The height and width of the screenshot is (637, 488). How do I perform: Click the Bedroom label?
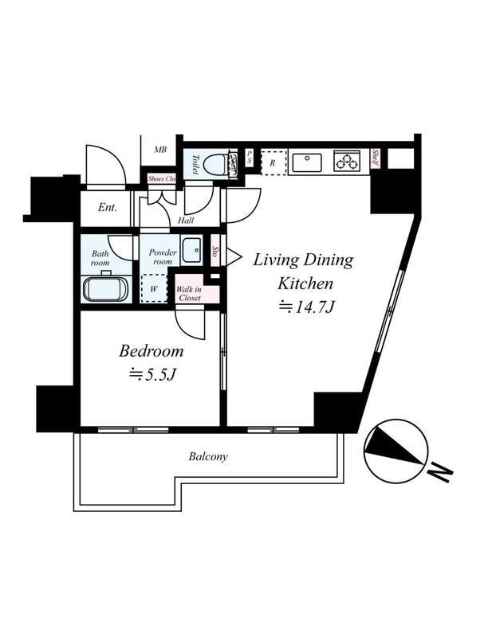click(x=152, y=350)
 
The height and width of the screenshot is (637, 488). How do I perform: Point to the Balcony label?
click(x=209, y=457)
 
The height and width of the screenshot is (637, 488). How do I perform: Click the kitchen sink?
click(x=306, y=162)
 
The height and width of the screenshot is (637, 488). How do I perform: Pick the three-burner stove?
click(x=347, y=162)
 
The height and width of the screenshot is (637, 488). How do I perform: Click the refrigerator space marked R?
click(x=273, y=162)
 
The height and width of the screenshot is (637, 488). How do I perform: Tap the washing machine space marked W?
click(x=154, y=288)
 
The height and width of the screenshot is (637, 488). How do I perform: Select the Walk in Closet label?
click(x=190, y=293)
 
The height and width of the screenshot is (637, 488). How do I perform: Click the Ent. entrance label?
click(x=108, y=208)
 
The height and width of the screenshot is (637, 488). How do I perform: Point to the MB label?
click(x=160, y=150)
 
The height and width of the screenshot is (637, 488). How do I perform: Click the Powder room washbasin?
click(x=191, y=250)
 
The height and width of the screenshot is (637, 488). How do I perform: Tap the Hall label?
click(x=186, y=220)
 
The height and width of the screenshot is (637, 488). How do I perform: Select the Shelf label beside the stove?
click(x=375, y=158)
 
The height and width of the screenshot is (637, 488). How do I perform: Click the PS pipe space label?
click(x=250, y=158)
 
